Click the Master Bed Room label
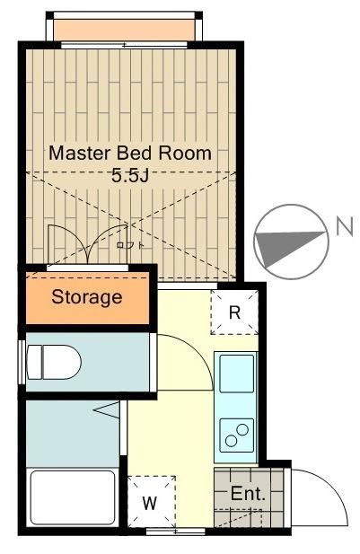(130, 154)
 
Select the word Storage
(86, 296)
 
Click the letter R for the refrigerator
(233, 312)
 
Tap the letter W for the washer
(150, 503)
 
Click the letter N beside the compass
(343, 227)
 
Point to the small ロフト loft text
(129, 244)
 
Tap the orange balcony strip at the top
(124, 31)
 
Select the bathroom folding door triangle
(107, 412)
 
